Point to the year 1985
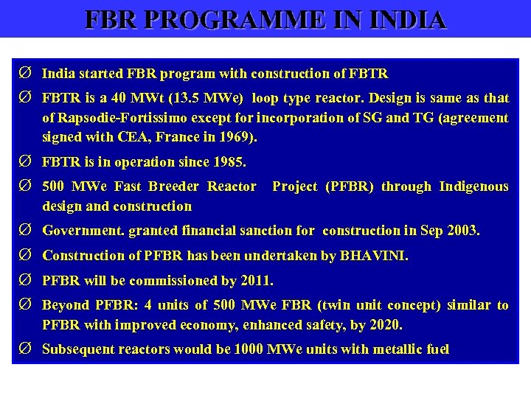[x=229, y=162]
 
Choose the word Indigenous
[x=473, y=186]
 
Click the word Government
[x=83, y=231]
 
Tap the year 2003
[x=460, y=231]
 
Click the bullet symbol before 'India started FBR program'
[x=24, y=74]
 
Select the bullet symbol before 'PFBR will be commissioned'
[x=24, y=281]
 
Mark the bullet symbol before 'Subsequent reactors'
[x=24, y=349]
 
